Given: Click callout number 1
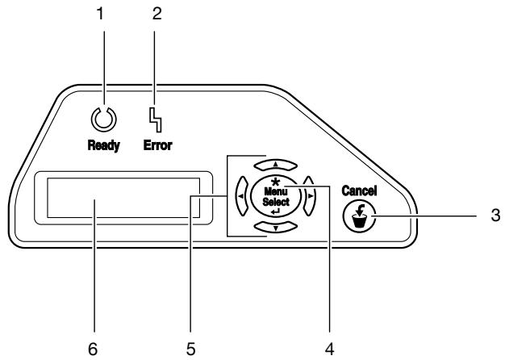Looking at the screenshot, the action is [100, 14].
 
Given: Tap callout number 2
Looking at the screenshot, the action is [157, 14].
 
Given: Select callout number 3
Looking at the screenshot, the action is [495, 215].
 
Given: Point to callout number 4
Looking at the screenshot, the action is [329, 350].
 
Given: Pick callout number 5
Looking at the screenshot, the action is [190, 350].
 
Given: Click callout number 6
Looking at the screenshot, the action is [93, 350].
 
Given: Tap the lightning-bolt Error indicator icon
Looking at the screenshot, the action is [155, 120].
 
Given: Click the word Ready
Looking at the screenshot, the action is [104, 145].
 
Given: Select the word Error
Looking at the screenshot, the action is [158, 145].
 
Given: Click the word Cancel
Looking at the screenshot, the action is [359, 190].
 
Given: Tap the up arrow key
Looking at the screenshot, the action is [275, 165].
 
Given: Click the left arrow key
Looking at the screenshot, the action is [242, 195].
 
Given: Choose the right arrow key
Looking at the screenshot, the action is [310, 195].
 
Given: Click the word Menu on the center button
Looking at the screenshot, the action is [276, 191].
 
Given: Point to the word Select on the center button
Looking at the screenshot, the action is [276, 202].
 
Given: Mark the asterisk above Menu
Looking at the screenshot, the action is [275, 182].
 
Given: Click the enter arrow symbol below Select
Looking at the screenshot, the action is [276, 211].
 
